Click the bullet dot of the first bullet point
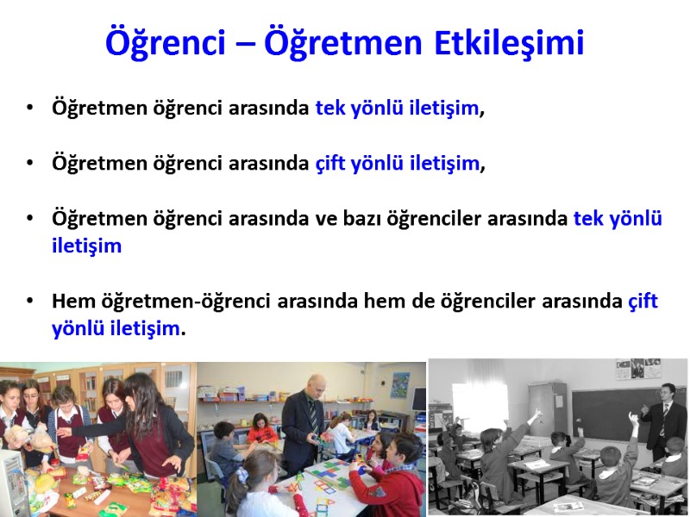[31, 109]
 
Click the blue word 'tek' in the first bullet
[331, 108]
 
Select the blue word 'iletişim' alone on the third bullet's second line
[86, 246]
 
